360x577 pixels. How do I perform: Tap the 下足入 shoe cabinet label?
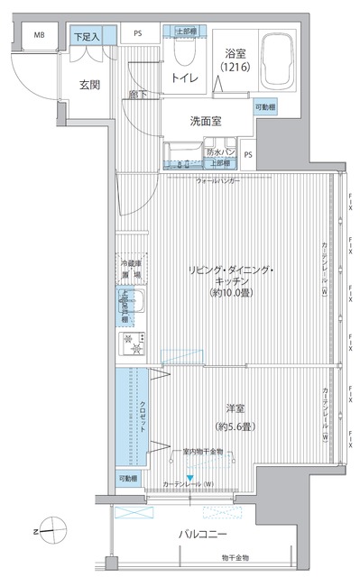point(88,36)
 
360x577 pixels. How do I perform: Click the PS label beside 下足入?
point(137,36)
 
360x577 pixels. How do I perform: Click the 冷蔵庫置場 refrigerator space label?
point(132,270)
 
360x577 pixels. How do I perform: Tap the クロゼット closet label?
point(143,417)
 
